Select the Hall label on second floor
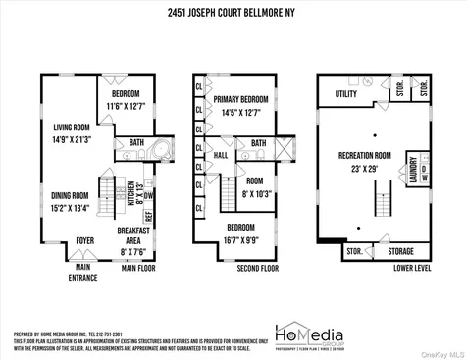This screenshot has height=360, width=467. pyautogui.click(x=221, y=155)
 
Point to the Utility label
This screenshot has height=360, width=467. pyautogui.click(x=346, y=94)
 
